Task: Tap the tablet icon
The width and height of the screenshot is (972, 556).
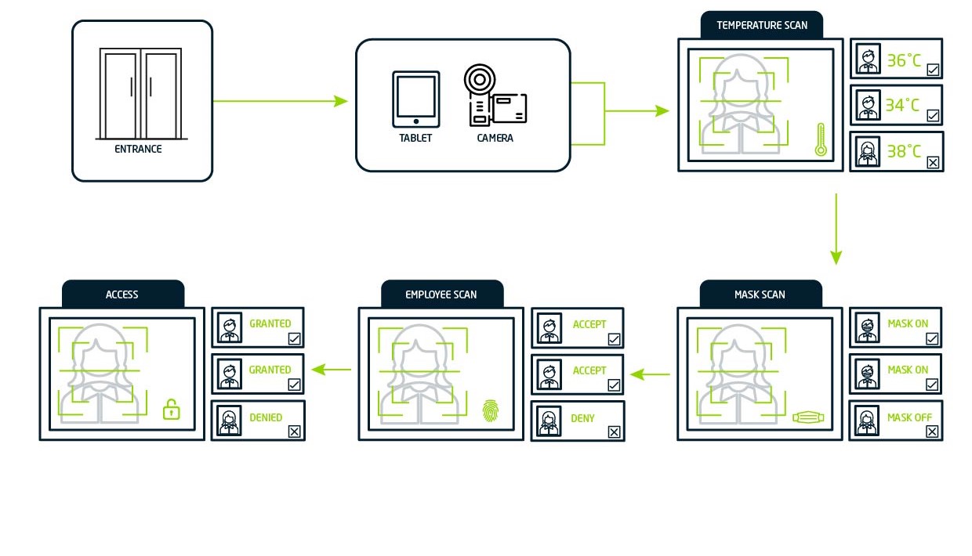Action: coord(415,99)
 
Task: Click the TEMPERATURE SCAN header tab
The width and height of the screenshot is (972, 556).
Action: coord(761,25)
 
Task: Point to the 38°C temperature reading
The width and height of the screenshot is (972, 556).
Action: coord(904,151)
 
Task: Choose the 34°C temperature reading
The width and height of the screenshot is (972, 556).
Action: coord(904,105)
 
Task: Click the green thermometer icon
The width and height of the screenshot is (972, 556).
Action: coord(821,139)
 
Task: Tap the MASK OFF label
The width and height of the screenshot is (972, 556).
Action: coord(909,417)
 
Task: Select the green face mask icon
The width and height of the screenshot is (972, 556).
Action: coord(809,417)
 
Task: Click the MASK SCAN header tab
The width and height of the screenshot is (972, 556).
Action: coord(760,294)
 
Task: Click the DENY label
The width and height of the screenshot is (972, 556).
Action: coord(582,418)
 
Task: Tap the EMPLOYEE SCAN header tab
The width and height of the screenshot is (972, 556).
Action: coord(441,294)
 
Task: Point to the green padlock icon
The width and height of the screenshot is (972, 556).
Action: coord(171,409)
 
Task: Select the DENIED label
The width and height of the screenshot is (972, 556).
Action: coord(266,417)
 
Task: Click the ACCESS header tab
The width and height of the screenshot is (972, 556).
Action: coord(122,294)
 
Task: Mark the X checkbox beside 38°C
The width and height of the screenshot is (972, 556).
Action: coord(933,163)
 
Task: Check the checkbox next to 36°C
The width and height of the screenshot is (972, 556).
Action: coord(933,70)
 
